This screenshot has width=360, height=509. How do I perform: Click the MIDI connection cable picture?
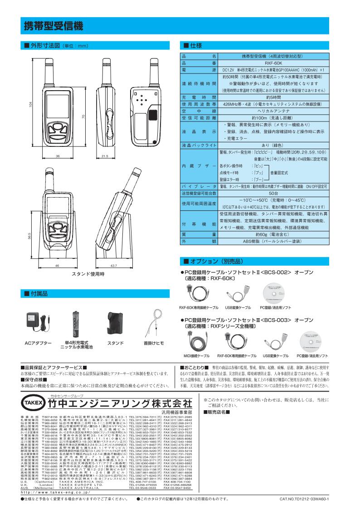click(196, 339)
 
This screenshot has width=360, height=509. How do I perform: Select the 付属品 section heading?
click(39, 294)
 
